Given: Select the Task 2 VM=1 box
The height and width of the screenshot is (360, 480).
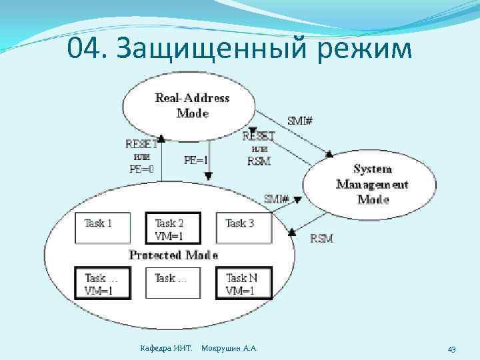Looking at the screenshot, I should click(169, 229).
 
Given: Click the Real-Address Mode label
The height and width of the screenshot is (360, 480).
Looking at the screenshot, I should click(192, 105).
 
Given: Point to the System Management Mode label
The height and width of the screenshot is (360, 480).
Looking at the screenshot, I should click(372, 184).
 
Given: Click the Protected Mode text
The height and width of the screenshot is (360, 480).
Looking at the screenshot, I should click(173, 255).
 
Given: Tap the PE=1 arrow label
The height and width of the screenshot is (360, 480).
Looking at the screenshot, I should click(195, 160).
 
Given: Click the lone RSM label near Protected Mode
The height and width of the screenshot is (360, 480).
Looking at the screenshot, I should click(321, 238).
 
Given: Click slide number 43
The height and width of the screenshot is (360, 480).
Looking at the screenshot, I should click(451, 349).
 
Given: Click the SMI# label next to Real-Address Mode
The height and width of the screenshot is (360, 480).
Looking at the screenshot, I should click(301, 121).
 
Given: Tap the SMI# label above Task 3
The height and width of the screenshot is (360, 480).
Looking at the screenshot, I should click(277, 199).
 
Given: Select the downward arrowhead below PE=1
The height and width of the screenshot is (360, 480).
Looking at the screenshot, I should click(209, 176).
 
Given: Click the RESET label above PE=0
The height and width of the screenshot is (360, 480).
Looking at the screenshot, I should click(141, 143).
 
